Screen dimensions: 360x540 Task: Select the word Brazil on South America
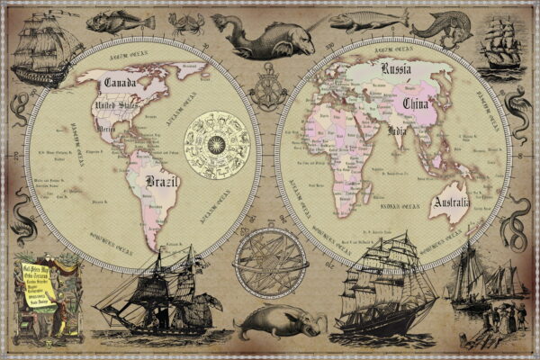point(162,183)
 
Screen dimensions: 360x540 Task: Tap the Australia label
point(450,203)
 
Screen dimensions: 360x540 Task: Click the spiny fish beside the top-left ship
point(109,20)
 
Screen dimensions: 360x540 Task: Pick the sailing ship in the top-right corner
point(498,45)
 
